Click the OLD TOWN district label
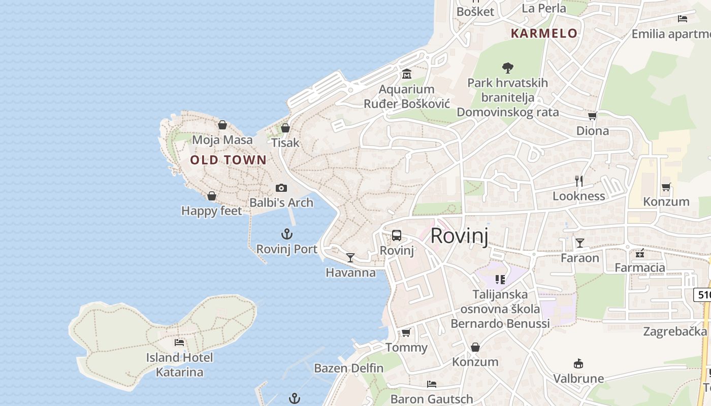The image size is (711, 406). (x=228, y=160)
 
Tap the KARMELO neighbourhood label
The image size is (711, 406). (x=544, y=34)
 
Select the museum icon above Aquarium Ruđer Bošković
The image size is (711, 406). (x=406, y=75)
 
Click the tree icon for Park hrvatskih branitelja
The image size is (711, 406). (x=507, y=67)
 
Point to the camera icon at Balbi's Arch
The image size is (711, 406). (x=281, y=188)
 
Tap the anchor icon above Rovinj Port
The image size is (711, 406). (x=287, y=234)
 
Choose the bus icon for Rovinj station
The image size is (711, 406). (x=397, y=235)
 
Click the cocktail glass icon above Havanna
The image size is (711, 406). (x=350, y=258)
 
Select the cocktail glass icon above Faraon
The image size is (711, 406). (x=579, y=243)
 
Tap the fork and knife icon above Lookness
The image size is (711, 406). (x=579, y=181)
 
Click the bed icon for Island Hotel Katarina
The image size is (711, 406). (x=179, y=343)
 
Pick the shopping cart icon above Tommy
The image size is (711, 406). (x=406, y=333)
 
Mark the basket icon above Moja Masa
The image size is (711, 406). (x=222, y=125)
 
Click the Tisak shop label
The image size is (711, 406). (x=285, y=143)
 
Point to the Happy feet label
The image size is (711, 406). (x=212, y=211)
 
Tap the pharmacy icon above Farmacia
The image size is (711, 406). (x=640, y=253)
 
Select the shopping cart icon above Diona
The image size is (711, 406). (x=592, y=116)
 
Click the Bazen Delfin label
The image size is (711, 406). (x=348, y=368)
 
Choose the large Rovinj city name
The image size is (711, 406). (x=459, y=236)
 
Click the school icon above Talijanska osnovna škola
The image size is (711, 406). (x=500, y=279)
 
